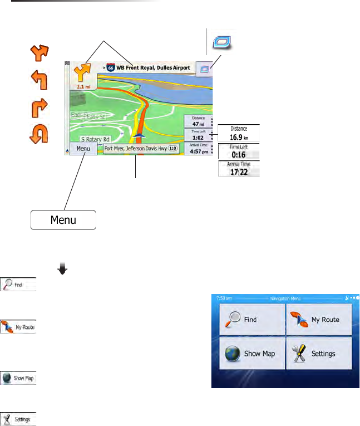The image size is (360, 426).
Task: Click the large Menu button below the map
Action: tap(63, 219)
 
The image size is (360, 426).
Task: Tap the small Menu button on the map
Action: tap(83, 149)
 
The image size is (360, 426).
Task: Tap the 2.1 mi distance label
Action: tap(82, 87)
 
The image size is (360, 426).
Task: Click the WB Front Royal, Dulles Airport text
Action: tap(153, 68)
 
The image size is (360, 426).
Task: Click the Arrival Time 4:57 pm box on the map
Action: tap(198, 148)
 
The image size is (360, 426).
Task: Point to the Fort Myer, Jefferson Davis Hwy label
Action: tap(141, 149)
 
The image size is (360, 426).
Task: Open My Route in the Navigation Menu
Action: tap(319, 320)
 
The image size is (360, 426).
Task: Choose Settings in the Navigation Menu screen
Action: tap(319, 353)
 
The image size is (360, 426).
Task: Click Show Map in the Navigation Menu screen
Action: tap(252, 353)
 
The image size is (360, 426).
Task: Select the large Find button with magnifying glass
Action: tap(252, 320)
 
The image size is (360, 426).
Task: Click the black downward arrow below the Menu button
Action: tap(62, 269)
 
